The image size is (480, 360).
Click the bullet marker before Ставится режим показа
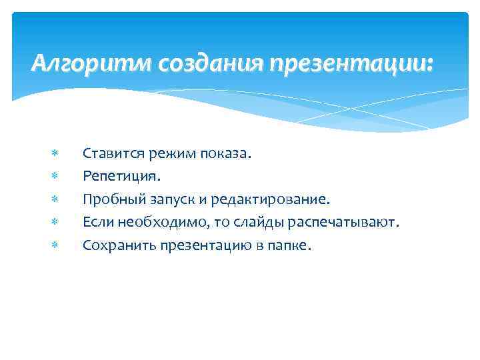(x=55, y=155)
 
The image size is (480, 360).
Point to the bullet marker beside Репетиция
(x=55, y=177)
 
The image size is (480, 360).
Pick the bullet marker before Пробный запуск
(x=55, y=199)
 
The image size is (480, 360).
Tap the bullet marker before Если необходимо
(x=55, y=222)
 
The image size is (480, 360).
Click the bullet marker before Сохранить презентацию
(x=55, y=245)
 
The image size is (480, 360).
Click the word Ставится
(x=109, y=155)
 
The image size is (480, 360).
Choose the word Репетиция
(x=120, y=177)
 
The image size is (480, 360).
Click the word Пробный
(x=109, y=199)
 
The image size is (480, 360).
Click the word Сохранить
(x=113, y=245)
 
